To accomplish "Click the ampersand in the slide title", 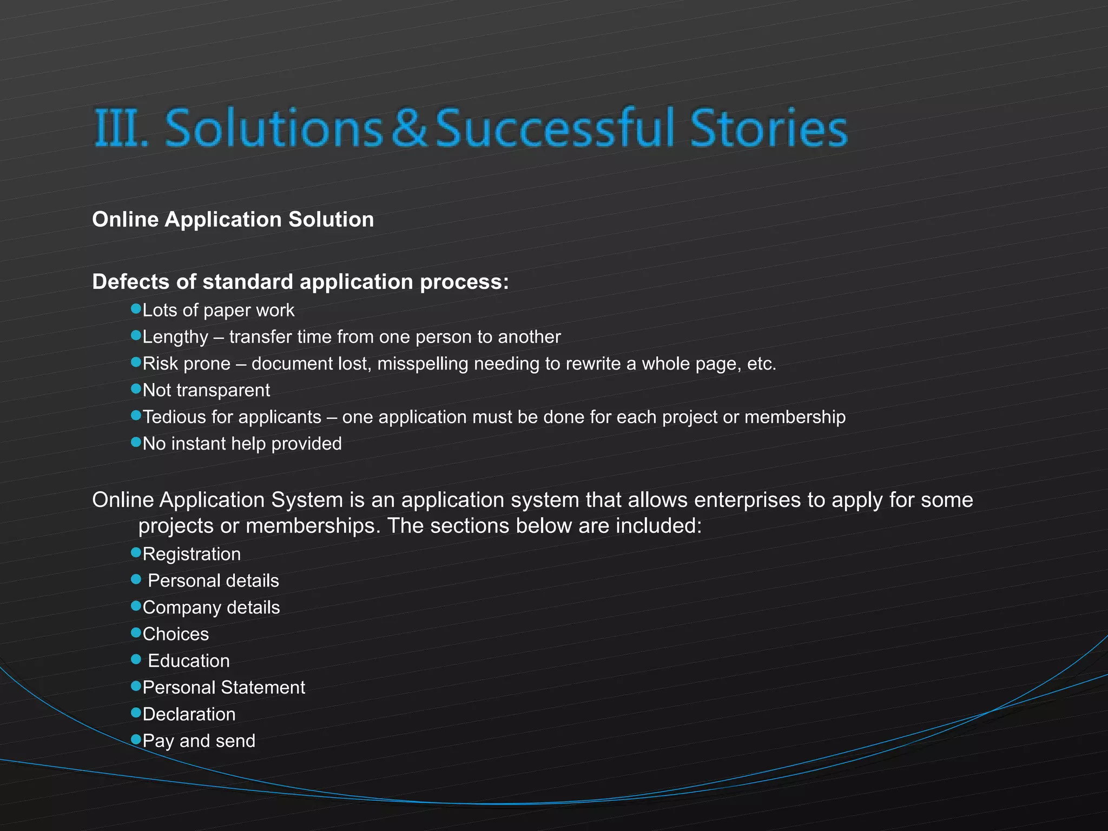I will coord(409,128).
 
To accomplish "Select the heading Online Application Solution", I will coord(233,220).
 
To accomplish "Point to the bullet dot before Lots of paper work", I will coord(136,308).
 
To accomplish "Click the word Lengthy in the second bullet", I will coord(175,337).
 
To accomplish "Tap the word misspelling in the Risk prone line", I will coord(422,364).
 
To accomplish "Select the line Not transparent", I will coord(206,390).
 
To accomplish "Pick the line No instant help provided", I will coord(242,444).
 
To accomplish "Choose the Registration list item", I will coord(192,554).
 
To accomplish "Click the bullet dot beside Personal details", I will coord(136,579).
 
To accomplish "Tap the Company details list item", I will coord(211,608).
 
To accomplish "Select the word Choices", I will coord(176,634).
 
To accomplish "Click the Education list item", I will coord(189,661).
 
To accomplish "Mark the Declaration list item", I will coord(189,714).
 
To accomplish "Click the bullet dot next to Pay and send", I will coord(136,739).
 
